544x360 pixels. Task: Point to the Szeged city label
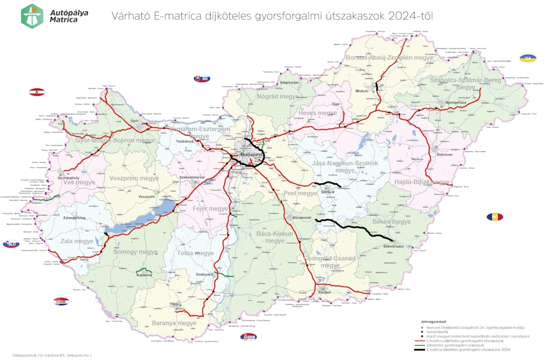click(325, 293)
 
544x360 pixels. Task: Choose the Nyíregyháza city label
click(456, 102)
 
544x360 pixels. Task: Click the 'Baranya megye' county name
click(174, 323)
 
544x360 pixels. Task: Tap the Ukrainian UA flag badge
click(527, 58)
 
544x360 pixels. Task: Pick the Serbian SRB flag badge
click(248, 336)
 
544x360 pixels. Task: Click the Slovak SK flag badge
click(202, 78)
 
